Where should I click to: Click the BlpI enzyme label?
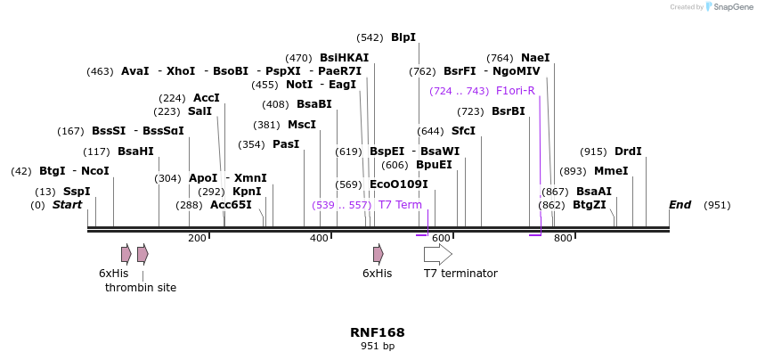[x=403, y=37]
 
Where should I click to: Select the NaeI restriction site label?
[x=535, y=58]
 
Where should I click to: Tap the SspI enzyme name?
[x=77, y=192]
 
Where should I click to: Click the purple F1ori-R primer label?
[x=515, y=91]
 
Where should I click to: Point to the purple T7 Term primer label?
[x=400, y=205]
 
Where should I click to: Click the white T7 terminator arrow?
[x=437, y=254]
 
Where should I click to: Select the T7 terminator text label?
[x=460, y=274]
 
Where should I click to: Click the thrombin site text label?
[x=141, y=288]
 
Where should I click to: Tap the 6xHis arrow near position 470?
[x=378, y=254]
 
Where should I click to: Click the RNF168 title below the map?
[x=378, y=332]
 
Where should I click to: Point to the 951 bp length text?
[x=378, y=346]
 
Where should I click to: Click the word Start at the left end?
[x=67, y=205]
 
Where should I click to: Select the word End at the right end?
[x=680, y=205]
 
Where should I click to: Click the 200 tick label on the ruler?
[x=197, y=238]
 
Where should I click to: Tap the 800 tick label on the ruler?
[x=562, y=238]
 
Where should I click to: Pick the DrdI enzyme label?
[x=628, y=151]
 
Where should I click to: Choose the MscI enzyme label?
[x=301, y=125]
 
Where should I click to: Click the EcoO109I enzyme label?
[x=398, y=184]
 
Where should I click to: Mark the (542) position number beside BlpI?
[x=370, y=37]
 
